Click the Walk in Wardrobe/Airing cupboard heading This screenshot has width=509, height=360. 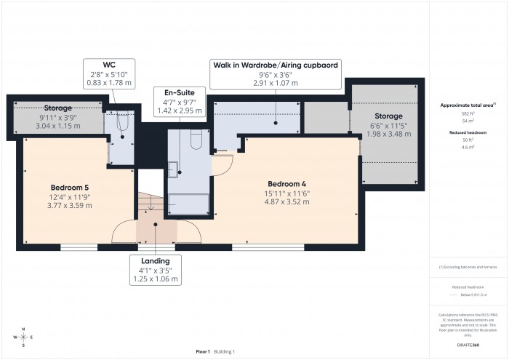pyautogui.click(x=275, y=65)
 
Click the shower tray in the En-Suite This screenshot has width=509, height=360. pyautogui.click(x=188, y=203)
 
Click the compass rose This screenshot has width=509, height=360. pyautogui.click(x=23, y=337)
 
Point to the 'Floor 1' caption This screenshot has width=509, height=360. pyautogui.click(x=201, y=351)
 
